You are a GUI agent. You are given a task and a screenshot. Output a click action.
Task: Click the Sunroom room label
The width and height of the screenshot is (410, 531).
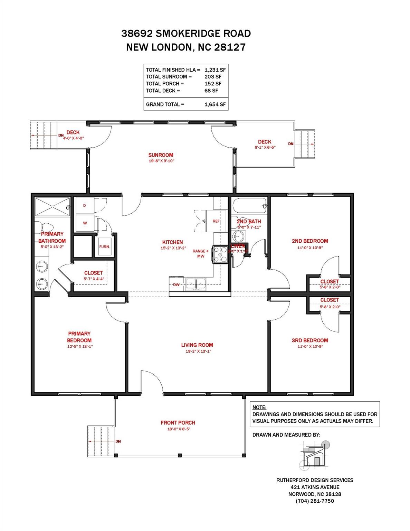click(x=161, y=155)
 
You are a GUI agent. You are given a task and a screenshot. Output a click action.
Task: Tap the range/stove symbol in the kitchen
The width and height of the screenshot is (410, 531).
click(x=220, y=254)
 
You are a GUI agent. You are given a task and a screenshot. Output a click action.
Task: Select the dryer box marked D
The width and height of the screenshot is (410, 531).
click(x=85, y=206)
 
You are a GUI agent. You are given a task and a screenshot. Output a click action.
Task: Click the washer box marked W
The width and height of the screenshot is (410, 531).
click(x=85, y=223)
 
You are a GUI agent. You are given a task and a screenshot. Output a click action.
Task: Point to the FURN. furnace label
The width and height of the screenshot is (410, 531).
click(x=104, y=247)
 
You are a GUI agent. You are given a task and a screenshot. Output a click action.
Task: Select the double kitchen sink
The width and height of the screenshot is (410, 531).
click(x=196, y=284)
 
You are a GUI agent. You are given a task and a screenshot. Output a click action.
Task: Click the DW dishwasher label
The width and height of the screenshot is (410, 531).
click(x=176, y=285)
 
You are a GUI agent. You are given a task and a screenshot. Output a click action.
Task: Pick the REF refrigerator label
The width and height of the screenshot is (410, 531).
click(x=216, y=221)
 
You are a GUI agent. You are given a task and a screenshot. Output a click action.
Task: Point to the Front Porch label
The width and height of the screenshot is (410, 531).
click(x=178, y=422)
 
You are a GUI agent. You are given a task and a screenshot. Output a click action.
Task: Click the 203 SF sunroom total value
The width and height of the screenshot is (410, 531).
click(x=213, y=77)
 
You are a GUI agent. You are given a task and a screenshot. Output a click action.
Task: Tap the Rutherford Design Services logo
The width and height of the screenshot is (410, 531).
click(x=315, y=455)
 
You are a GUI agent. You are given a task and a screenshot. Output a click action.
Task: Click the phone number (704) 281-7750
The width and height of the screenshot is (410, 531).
click(x=315, y=501)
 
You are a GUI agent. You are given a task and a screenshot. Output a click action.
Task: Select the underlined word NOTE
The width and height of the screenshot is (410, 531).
click(x=259, y=407)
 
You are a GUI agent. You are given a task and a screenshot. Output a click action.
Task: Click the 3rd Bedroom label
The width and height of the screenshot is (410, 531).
click(x=310, y=340)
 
